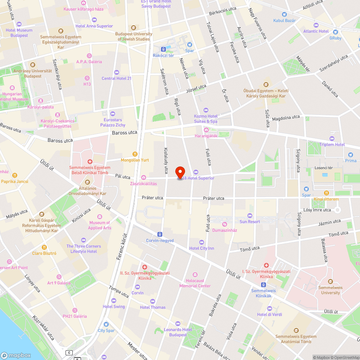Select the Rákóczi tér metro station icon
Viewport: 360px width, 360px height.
point(163,49)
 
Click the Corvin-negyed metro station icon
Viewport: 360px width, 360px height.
point(160,234)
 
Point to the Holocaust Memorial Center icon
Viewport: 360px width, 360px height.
point(195,275)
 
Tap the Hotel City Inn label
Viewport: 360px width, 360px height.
point(202,248)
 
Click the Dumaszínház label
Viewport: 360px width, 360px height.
point(225,230)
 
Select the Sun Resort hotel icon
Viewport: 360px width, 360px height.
point(250,215)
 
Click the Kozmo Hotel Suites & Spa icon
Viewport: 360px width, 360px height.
point(206,110)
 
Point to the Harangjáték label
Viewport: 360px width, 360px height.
point(206,136)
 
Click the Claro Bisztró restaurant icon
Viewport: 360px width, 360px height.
point(44,247)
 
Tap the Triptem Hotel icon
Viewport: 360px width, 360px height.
point(332,138)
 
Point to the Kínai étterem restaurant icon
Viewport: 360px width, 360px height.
point(326,193)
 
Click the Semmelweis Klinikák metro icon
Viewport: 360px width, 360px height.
point(264,284)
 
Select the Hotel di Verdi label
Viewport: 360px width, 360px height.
point(269,315)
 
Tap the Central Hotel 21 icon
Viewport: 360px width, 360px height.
point(116,72)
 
